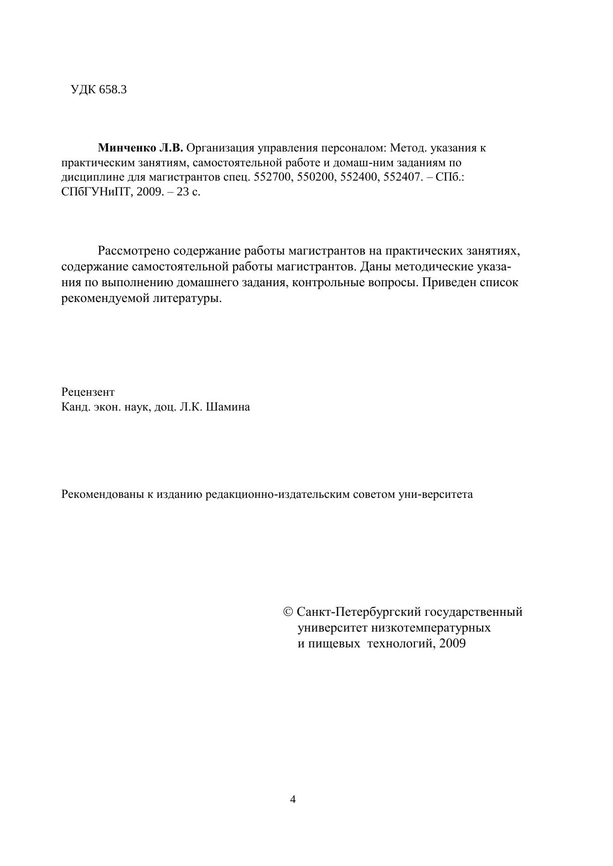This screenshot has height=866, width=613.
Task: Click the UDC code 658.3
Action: tap(113, 90)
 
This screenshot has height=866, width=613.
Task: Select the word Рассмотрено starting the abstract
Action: tap(133, 251)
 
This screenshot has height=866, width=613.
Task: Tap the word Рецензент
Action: tap(88, 392)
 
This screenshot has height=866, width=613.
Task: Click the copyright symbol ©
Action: tap(288, 612)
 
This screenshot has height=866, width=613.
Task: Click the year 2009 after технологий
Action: tap(452, 643)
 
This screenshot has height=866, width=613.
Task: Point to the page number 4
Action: tap(293, 799)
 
